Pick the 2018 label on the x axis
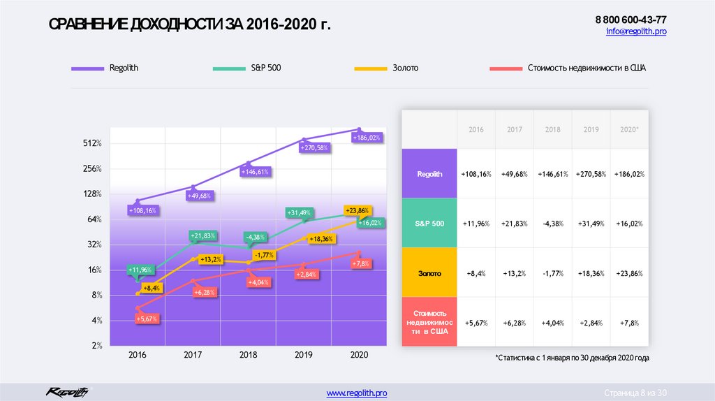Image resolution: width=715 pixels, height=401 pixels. [x=248, y=355]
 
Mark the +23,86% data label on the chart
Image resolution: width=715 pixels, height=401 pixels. [x=357, y=210]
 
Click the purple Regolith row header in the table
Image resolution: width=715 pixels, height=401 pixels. [x=429, y=174]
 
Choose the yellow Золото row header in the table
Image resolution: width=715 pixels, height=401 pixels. [x=429, y=273]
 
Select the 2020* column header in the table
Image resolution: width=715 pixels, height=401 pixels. [x=629, y=130]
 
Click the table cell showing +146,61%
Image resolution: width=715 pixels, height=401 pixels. [x=554, y=174]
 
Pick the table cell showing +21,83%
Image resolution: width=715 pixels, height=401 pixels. [x=515, y=224]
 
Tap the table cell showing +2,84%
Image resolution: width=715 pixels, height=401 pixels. [x=591, y=323]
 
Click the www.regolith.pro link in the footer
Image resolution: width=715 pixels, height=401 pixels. [x=357, y=394]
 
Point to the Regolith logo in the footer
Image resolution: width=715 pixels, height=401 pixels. [x=67, y=392]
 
